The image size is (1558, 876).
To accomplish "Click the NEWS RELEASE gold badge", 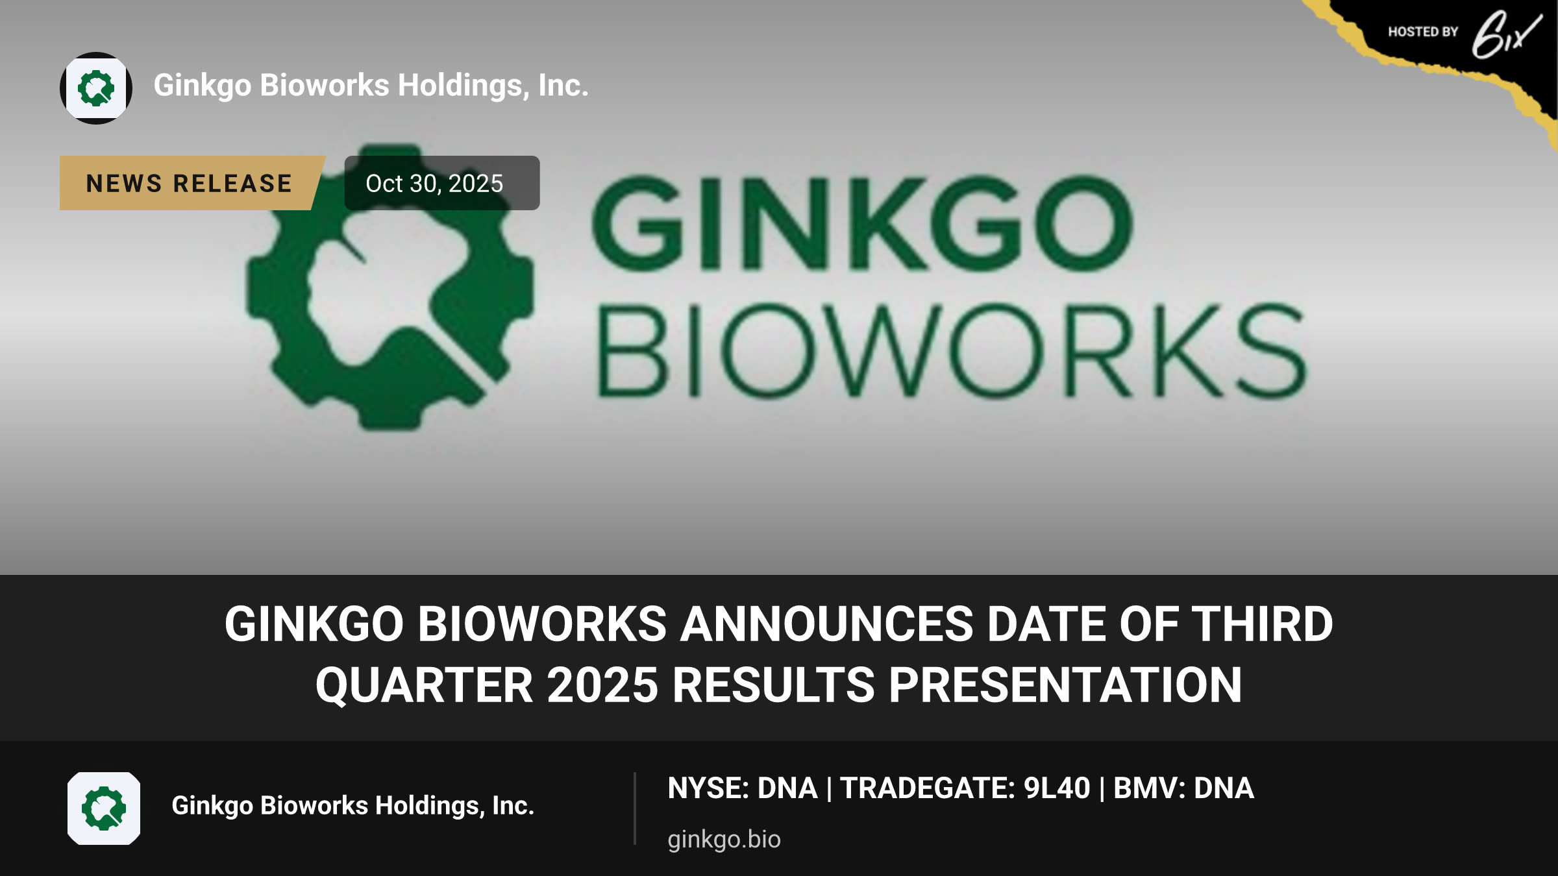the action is click(192, 183).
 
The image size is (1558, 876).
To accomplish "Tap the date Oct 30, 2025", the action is click(434, 184).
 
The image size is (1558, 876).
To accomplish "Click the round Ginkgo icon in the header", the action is click(96, 88).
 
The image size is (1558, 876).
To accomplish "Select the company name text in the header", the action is click(371, 86).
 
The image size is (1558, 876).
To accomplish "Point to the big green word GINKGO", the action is click(862, 223).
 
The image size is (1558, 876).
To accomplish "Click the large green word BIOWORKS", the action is click(952, 350).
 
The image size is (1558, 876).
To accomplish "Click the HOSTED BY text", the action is click(1423, 32).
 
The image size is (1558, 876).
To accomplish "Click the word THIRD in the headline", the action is click(1263, 624).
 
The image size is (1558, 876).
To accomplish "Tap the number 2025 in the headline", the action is click(602, 686).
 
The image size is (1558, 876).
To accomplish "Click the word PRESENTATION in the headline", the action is click(1065, 686).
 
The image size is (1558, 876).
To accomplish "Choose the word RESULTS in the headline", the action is click(774, 686).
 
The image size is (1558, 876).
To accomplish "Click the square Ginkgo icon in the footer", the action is click(104, 809).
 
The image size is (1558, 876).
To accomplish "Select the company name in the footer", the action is click(352, 806).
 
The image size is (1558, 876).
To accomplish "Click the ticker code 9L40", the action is click(1057, 788).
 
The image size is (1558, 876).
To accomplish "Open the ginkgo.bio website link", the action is click(724, 840).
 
